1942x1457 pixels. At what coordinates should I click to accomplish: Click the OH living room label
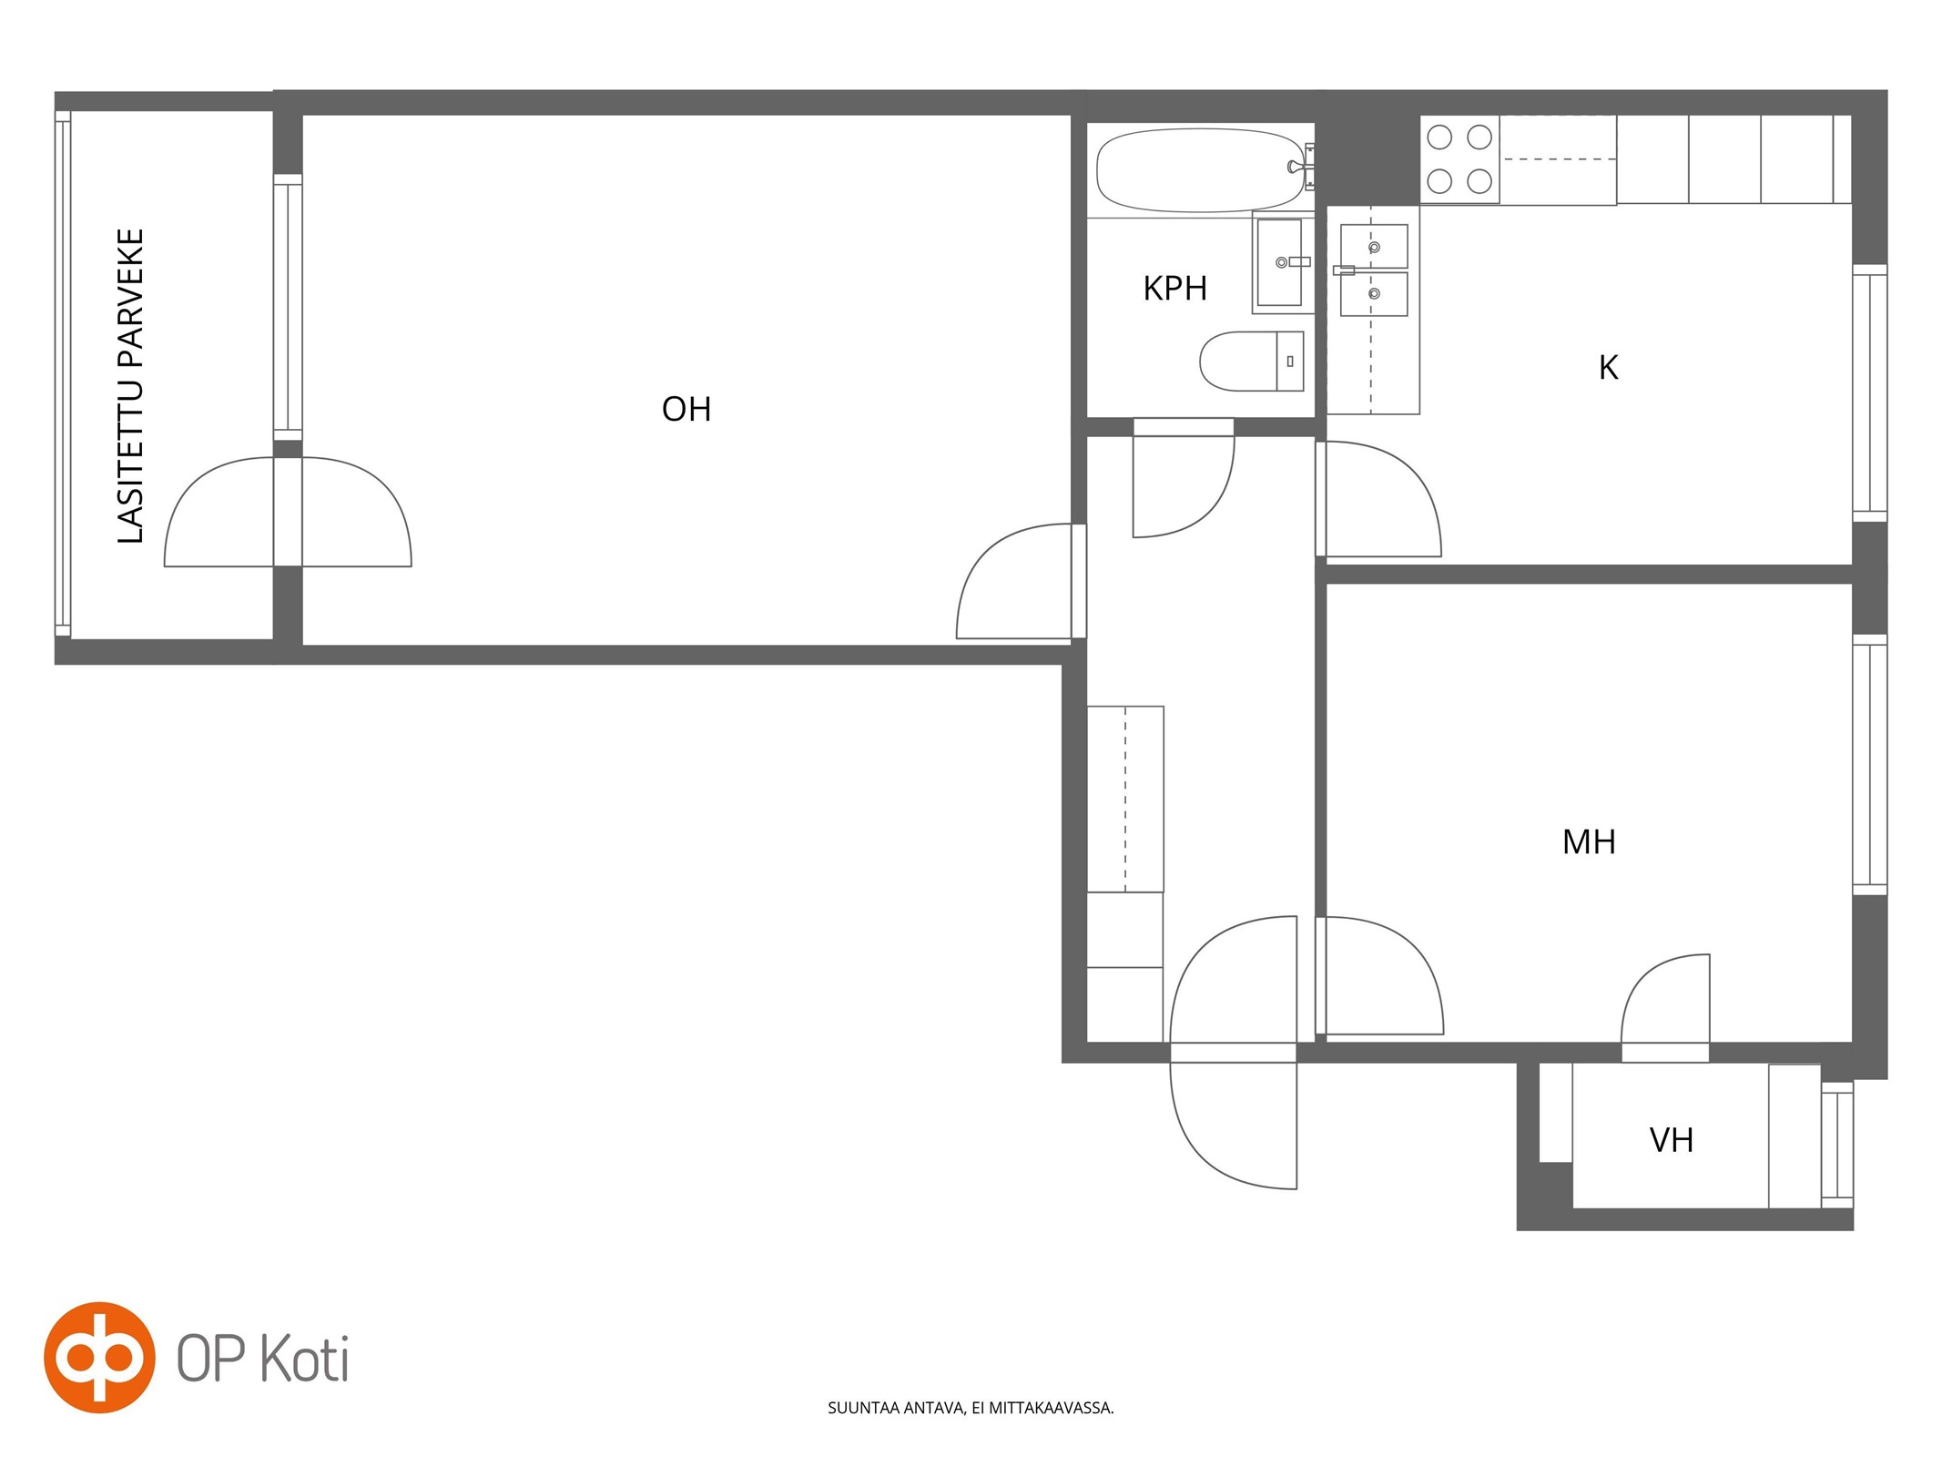[x=686, y=409]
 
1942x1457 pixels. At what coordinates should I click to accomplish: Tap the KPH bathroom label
[x=1174, y=288]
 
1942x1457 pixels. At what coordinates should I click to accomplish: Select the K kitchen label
[x=1609, y=367]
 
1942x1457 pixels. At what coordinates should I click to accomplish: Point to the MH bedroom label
[x=1589, y=841]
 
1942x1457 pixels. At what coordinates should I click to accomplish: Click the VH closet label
[x=1672, y=1139]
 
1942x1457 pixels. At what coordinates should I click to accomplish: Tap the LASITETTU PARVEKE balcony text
[x=131, y=386]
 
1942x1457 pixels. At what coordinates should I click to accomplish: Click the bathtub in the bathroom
[x=1201, y=170]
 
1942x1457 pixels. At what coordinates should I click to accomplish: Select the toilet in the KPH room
[x=1252, y=361]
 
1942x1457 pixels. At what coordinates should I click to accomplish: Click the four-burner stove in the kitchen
[x=1459, y=159]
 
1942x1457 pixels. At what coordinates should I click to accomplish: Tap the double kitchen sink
[x=1374, y=270]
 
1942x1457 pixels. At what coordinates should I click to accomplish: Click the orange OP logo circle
[x=99, y=1358]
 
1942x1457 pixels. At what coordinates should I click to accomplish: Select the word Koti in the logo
[x=305, y=1360]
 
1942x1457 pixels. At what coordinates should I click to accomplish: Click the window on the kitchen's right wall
[x=1869, y=392]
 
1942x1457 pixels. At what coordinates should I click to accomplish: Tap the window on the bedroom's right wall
[x=1869, y=765]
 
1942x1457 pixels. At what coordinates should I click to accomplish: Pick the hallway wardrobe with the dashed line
[x=1125, y=799]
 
